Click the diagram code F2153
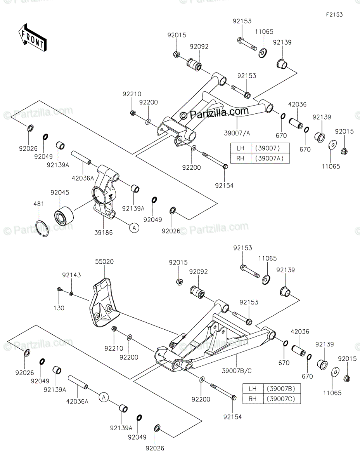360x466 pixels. tap(334, 15)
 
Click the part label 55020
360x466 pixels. tap(105, 262)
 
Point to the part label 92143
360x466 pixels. tap(72, 275)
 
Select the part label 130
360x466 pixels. tap(59, 308)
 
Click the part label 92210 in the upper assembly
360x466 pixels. tap(132, 94)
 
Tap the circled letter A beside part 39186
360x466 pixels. tap(134, 228)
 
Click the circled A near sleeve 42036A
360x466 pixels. tap(103, 396)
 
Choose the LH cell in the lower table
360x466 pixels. tap(253, 389)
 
